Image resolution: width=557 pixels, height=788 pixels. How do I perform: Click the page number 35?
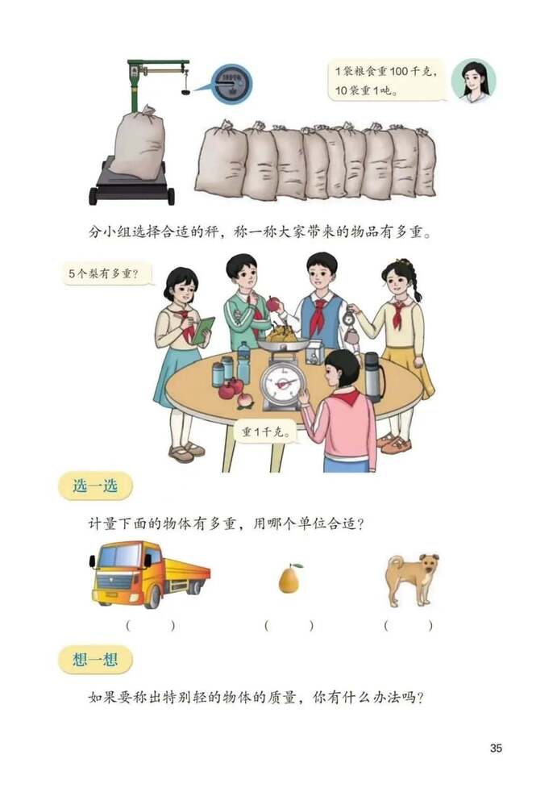[496, 748]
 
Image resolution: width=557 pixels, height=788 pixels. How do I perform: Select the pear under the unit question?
[289, 580]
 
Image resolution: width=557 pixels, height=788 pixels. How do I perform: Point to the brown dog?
[410, 577]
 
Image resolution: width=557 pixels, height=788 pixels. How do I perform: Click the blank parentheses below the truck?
[150, 625]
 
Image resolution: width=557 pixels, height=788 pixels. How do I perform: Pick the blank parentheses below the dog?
[408, 625]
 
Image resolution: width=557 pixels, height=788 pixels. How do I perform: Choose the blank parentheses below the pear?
[289, 625]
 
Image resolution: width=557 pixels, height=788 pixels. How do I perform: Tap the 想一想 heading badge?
[95, 661]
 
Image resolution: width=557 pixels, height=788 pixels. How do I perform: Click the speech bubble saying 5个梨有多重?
[109, 275]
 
